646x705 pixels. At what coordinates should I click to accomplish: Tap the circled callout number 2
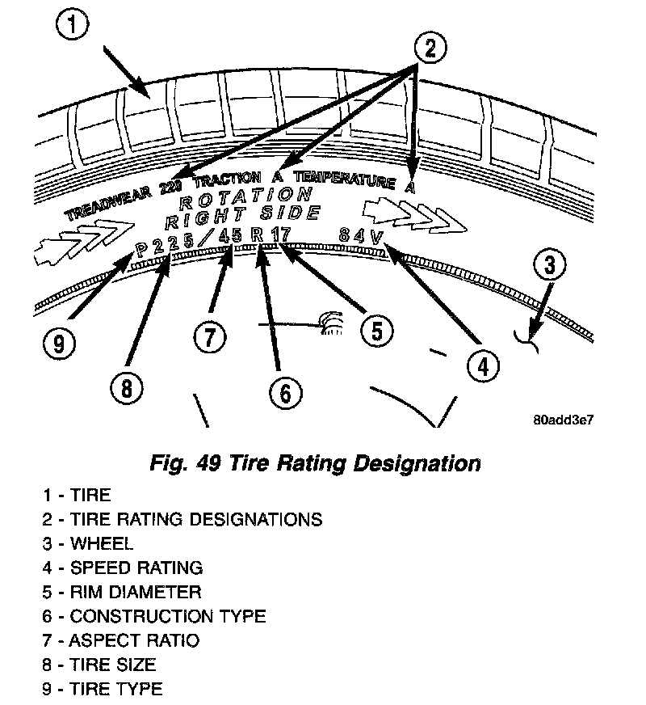[430, 49]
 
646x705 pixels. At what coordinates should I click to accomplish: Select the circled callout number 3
[549, 266]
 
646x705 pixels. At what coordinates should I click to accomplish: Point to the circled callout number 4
[480, 366]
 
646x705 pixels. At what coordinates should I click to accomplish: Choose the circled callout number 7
[209, 335]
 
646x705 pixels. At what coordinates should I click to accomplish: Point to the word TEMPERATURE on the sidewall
[345, 180]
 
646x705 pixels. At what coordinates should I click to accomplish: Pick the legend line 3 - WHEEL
[89, 544]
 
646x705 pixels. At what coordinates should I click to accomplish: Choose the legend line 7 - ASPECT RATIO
[121, 641]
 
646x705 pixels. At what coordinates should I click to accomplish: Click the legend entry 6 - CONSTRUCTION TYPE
[154, 617]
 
